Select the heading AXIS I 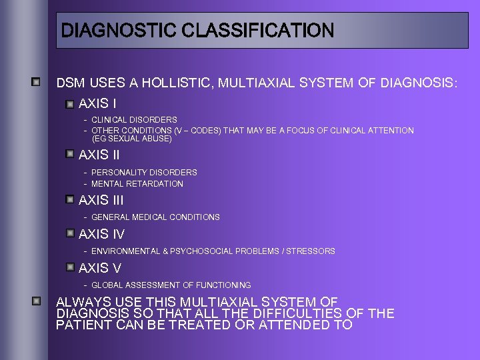97,104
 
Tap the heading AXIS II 99,155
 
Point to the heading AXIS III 101,200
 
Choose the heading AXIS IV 102,234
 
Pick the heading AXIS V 100,268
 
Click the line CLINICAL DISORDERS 134,120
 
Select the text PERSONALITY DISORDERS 144,172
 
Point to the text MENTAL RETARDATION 137,183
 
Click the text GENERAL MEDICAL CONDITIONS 155,217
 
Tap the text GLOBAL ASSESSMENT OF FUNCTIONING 171,285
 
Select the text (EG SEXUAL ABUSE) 131,139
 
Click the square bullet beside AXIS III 70,199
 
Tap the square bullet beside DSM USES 37,82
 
